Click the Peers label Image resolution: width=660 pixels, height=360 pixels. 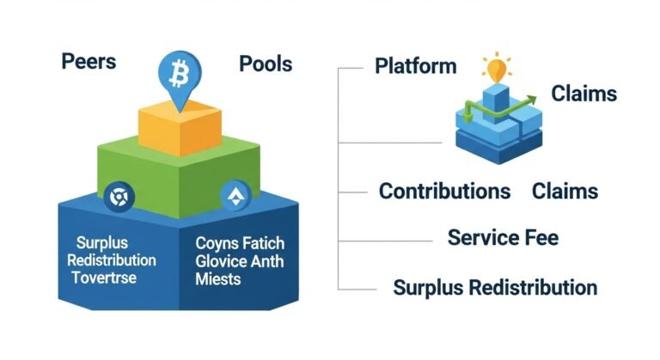(89, 63)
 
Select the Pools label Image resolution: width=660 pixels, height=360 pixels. (265, 64)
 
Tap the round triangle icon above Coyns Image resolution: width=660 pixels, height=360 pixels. (232, 197)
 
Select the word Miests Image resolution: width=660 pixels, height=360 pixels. (218, 279)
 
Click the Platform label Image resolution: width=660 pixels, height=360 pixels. (416, 66)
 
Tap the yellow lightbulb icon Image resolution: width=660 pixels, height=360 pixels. (495, 67)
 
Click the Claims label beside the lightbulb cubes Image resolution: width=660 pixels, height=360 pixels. (584, 93)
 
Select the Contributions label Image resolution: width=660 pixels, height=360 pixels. (444, 191)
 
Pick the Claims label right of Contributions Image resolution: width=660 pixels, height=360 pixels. (565, 191)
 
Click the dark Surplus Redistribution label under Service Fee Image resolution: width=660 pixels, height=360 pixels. (494, 287)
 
